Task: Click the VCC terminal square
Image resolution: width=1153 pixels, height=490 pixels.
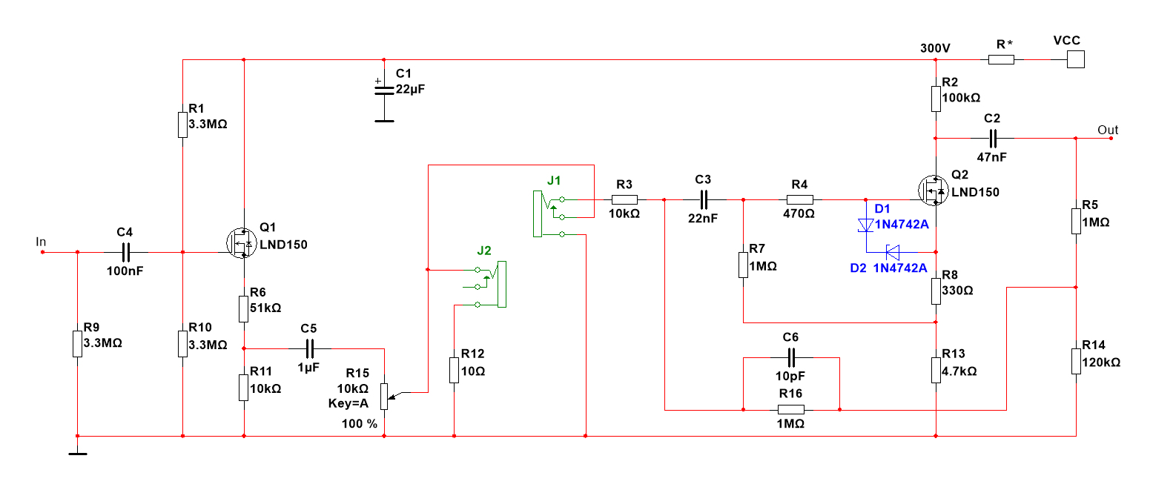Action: tap(1076, 59)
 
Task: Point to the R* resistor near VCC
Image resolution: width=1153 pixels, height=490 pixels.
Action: tap(1001, 59)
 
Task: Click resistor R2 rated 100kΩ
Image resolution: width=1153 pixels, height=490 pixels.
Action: tap(936, 98)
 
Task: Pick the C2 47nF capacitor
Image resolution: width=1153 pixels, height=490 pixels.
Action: tap(992, 138)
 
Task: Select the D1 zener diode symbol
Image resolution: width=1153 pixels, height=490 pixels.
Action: tap(865, 225)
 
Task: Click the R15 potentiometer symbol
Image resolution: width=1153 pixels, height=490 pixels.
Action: tap(384, 395)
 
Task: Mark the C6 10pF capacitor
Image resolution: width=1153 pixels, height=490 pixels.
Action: tap(790, 357)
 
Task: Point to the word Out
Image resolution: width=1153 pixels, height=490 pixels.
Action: tap(1108, 130)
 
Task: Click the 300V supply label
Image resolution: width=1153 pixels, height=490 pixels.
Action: tap(935, 48)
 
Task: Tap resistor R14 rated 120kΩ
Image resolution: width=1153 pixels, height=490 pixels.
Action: tap(1076, 362)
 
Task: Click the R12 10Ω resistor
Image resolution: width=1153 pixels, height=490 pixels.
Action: tap(454, 370)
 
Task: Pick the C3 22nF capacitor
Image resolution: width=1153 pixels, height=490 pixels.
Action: tap(703, 199)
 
